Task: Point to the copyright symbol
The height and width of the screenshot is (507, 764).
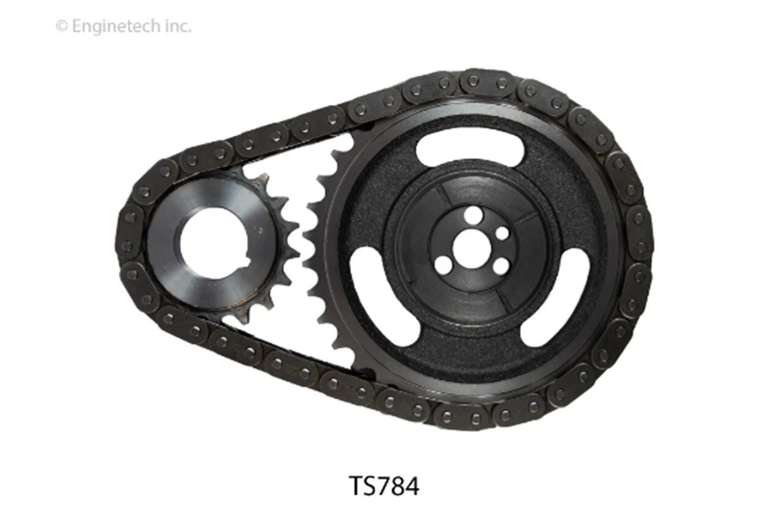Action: tap(60, 26)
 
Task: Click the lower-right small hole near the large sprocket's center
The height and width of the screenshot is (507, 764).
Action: tap(499, 267)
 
